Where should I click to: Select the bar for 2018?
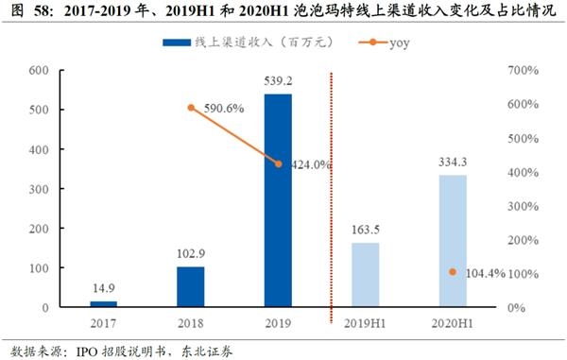tap(190, 287)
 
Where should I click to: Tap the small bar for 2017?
tap(103, 304)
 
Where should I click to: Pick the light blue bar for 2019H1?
tap(365, 275)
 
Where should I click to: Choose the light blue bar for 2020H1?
tap(453, 241)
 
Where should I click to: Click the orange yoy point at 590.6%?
tap(191, 108)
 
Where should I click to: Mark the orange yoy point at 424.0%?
tap(278, 164)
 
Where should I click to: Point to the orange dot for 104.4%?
tap(453, 272)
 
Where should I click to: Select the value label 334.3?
tap(453, 163)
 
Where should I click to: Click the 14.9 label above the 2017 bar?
tap(103, 289)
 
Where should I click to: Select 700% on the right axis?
tap(521, 71)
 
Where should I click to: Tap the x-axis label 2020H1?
tap(453, 325)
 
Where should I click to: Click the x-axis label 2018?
tap(190, 325)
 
